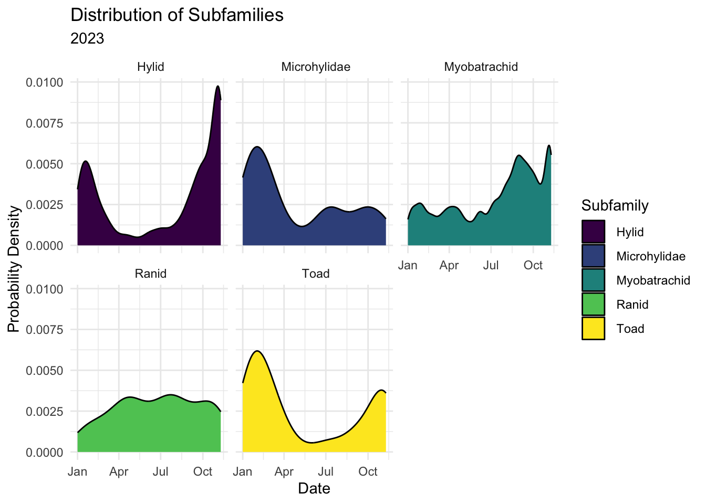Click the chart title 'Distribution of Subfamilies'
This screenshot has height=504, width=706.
(176, 15)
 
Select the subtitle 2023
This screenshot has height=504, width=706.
(87, 39)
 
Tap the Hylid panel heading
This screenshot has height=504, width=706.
(151, 67)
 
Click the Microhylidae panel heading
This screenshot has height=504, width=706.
(316, 67)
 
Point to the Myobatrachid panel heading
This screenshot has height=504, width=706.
(481, 67)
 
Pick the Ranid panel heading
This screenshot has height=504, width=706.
(151, 274)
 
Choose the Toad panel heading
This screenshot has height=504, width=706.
(316, 274)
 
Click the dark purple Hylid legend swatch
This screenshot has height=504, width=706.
(593, 232)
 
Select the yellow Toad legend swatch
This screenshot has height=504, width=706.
(593, 329)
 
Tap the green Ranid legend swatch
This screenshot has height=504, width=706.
(593, 304)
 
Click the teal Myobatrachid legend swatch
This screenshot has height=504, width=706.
(593, 280)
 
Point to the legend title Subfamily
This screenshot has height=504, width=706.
(615, 206)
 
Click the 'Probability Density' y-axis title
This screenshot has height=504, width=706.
(14, 269)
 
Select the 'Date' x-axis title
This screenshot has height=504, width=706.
(314, 489)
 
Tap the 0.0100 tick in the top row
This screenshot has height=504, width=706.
(44, 82)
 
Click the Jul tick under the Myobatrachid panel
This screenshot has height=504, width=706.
(491, 265)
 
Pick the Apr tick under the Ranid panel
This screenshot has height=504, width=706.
(119, 472)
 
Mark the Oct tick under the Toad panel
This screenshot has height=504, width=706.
(368, 472)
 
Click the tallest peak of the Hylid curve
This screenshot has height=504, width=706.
(217, 86)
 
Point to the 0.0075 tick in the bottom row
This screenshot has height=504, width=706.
(44, 330)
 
